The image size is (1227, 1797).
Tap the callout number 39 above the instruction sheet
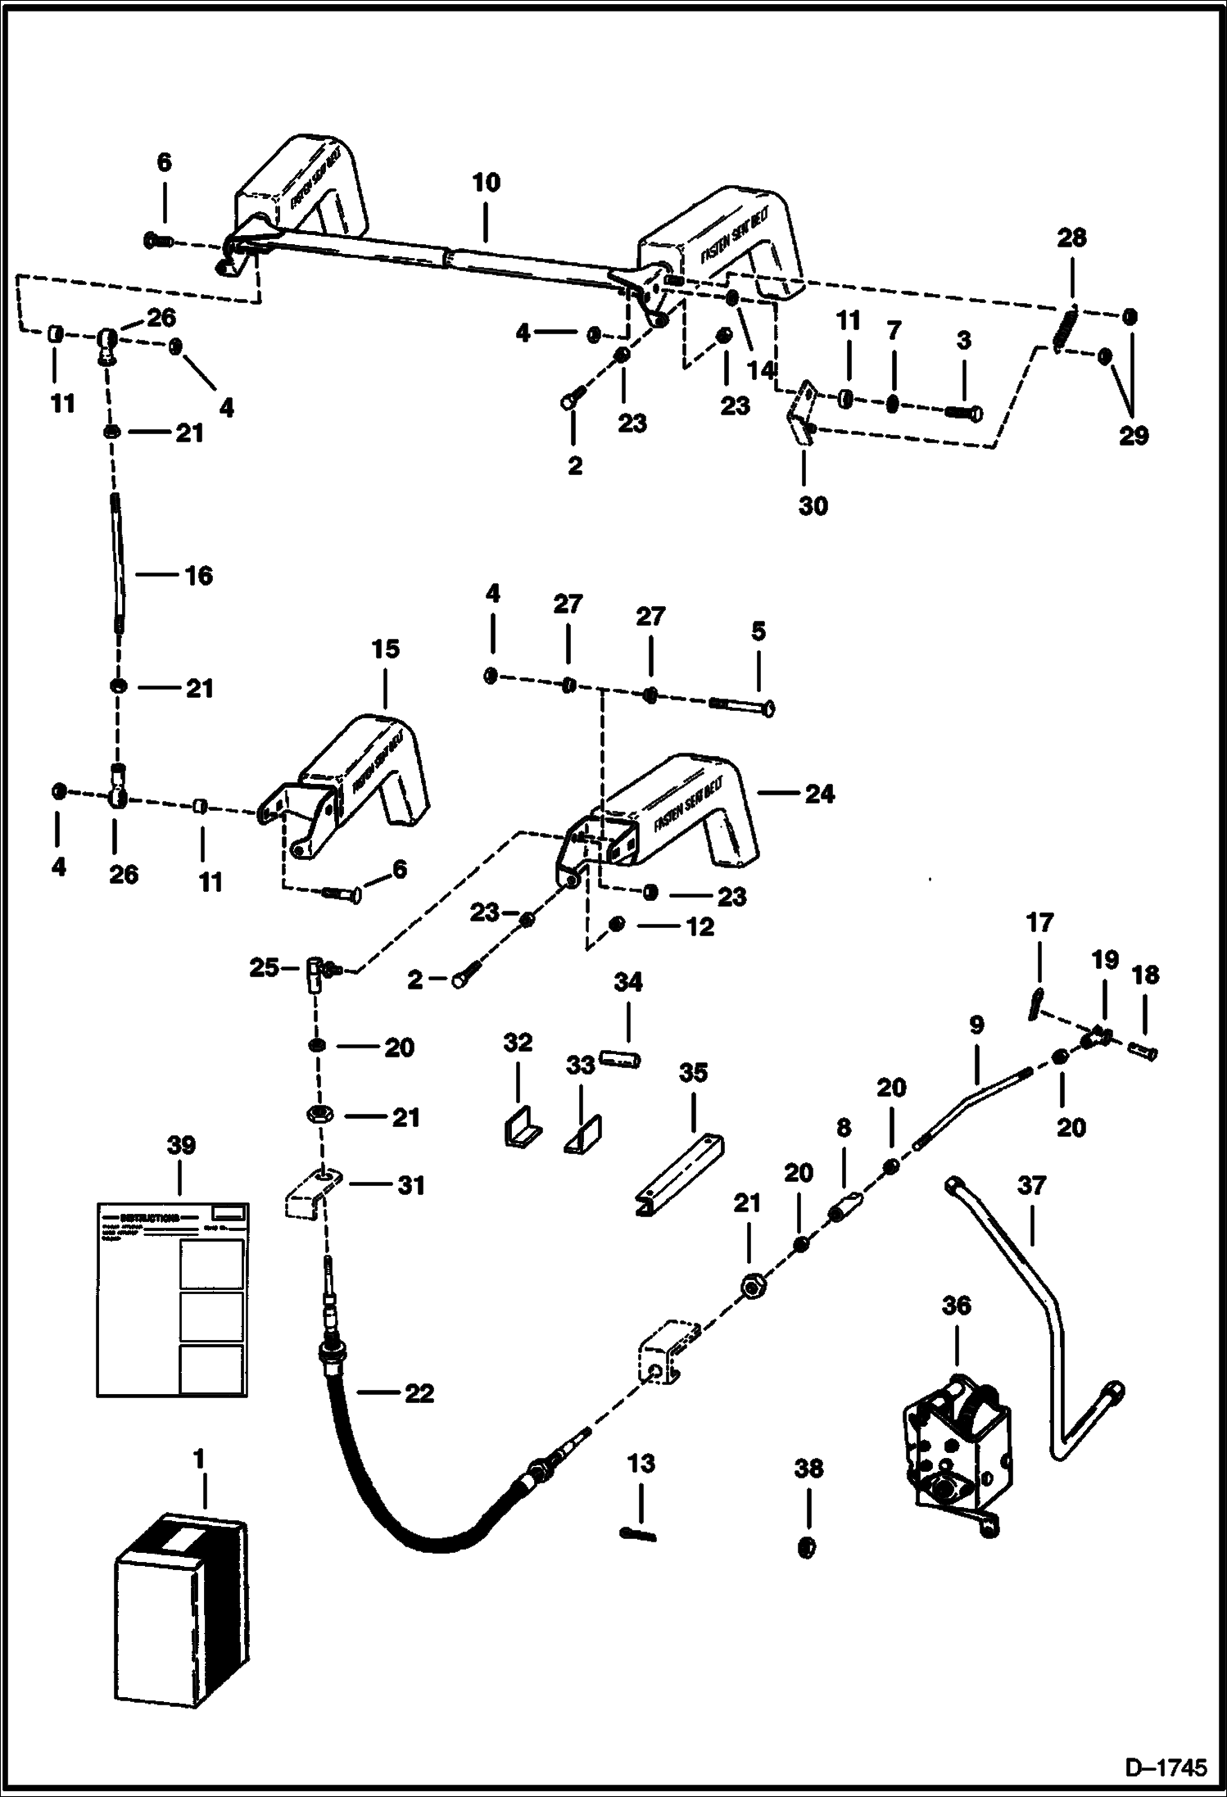point(180,1145)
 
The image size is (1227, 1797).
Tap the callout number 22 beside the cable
point(419,1392)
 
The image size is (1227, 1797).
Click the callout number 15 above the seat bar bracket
point(385,649)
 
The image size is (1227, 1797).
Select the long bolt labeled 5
point(742,704)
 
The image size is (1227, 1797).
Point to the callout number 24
point(819,793)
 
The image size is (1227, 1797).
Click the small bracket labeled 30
point(801,414)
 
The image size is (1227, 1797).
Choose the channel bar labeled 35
point(680,1176)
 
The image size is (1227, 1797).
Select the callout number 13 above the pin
point(641,1464)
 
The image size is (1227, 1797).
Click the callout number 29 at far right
point(1134,435)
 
